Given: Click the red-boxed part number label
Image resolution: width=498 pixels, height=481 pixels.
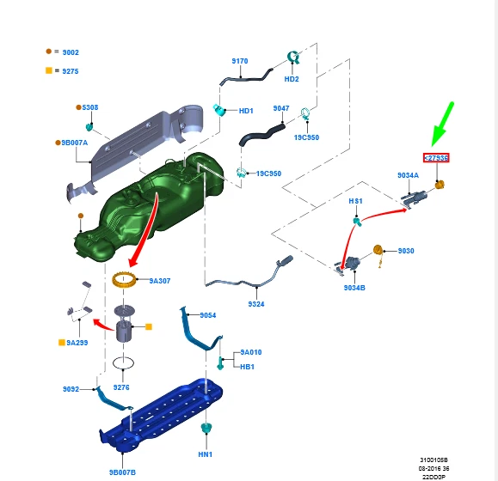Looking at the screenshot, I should [436, 157].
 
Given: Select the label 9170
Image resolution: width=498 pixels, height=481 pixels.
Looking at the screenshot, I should [239, 61].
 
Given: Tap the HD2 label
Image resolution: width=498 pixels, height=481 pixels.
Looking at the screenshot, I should [292, 79].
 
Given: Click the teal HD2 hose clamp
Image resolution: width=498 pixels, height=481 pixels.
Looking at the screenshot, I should [292, 58].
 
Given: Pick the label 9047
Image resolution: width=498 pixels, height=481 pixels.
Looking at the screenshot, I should [281, 108].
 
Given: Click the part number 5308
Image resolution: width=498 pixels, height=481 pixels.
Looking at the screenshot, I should [90, 107].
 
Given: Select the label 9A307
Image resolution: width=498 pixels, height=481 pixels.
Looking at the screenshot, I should [160, 280].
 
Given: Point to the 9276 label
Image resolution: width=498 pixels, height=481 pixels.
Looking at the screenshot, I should [122, 387].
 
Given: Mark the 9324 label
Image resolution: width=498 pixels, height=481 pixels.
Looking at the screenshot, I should [256, 304].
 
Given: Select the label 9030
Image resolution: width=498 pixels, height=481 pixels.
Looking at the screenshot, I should [406, 251].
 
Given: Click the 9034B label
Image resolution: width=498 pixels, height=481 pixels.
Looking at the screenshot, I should [354, 287].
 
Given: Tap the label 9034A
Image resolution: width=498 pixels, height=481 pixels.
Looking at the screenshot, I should [408, 175].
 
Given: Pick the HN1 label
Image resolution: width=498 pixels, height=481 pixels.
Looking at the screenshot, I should [206, 454].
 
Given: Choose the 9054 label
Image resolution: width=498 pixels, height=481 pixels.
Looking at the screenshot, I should [208, 315].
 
